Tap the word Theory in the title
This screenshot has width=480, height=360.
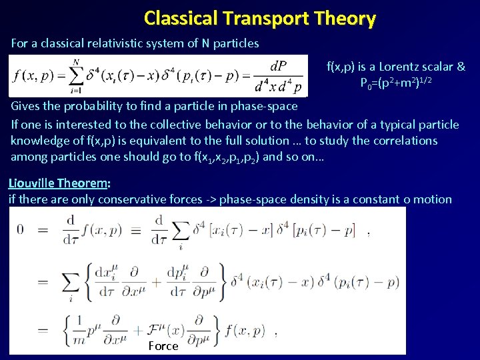point(347,18)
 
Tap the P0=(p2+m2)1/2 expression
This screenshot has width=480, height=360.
point(396,83)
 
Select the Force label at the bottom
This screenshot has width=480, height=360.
point(163,346)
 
